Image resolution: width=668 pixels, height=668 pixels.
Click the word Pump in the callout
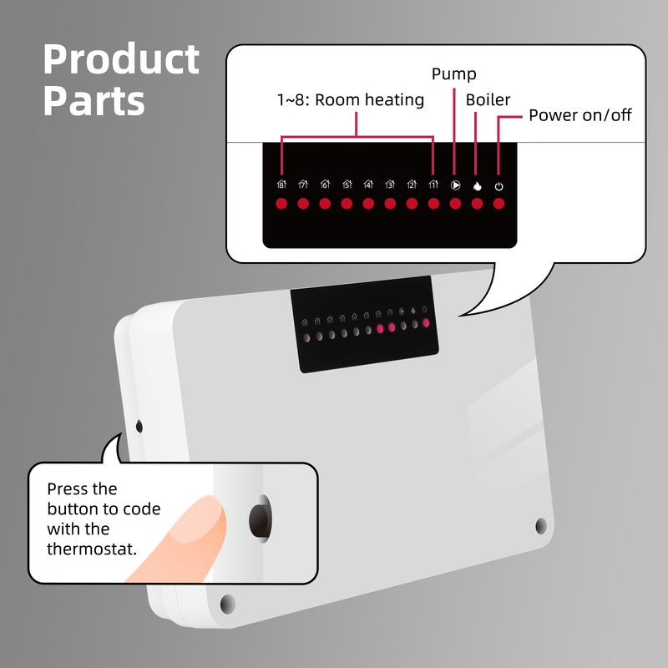pos(453,74)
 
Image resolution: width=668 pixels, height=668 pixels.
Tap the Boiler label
pos(488,99)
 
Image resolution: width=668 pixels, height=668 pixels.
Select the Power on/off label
pos(579,115)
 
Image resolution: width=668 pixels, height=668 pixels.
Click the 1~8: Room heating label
pos(351,99)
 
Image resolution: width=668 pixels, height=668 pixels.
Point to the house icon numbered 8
pos(281,185)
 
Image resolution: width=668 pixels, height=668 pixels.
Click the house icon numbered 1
pos(433,185)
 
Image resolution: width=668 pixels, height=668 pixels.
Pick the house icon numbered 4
pos(368,185)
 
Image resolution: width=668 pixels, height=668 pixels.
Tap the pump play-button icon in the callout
pos(455,185)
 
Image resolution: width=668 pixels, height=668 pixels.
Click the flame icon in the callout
pos(477,186)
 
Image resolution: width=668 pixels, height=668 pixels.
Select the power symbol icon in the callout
pos(498,186)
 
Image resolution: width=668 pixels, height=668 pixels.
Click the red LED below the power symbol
pos(498,204)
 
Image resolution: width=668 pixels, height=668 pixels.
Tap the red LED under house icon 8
pos(281,204)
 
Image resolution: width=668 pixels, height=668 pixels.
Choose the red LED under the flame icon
pos(477,204)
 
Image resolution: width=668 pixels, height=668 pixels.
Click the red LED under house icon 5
pos(347,204)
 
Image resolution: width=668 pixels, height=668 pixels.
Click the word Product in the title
pos(121,58)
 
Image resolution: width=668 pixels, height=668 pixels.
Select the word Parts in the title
pos(94,100)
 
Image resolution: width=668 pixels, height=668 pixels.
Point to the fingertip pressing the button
pos(209,514)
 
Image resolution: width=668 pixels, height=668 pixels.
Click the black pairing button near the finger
pos(260,519)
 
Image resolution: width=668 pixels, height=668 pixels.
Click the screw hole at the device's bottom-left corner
pos(227,605)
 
